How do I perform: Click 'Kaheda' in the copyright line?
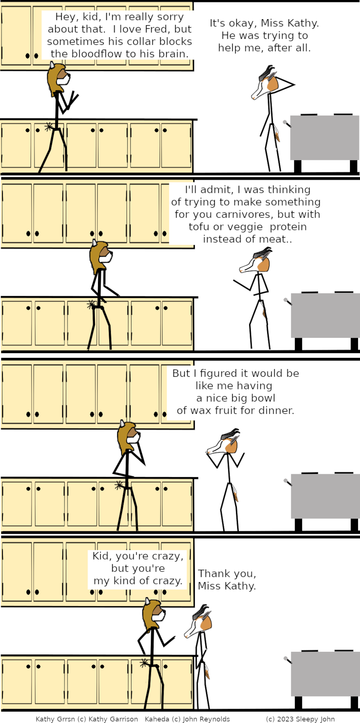[x=157, y=719]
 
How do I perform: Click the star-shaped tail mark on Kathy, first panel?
[x=48, y=127]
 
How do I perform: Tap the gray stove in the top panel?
[x=324, y=142]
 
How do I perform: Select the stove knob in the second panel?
[x=288, y=301]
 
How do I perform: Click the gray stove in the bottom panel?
[x=324, y=679]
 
